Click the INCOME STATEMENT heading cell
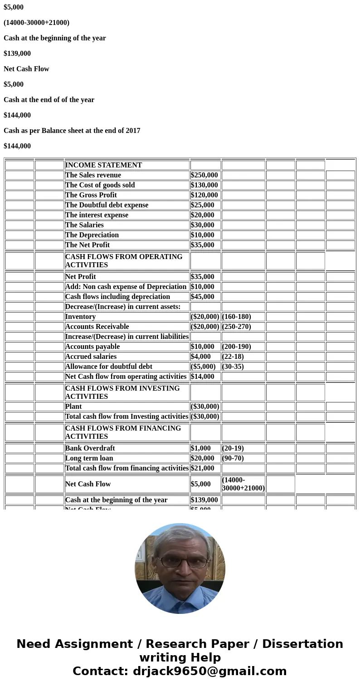coord(103,165)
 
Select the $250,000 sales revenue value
coord(204,175)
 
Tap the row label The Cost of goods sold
coord(100,185)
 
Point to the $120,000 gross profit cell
coord(204,195)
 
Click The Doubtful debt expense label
coord(107,205)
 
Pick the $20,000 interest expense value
coord(203,215)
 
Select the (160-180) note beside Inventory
coord(236,317)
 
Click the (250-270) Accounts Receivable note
coord(236,327)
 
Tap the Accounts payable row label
coord(92,347)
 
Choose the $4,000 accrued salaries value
coord(201,357)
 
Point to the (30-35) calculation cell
coord(233,367)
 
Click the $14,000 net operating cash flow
coord(203,377)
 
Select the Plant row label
coord(73,407)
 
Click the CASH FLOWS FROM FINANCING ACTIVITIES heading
coord(123,432)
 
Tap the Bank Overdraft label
coord(90,448)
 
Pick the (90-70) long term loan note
coord(233,458)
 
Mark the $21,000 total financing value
coord(203,468)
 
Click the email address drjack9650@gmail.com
coord(209,671)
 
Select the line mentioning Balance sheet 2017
coord(72,131)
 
